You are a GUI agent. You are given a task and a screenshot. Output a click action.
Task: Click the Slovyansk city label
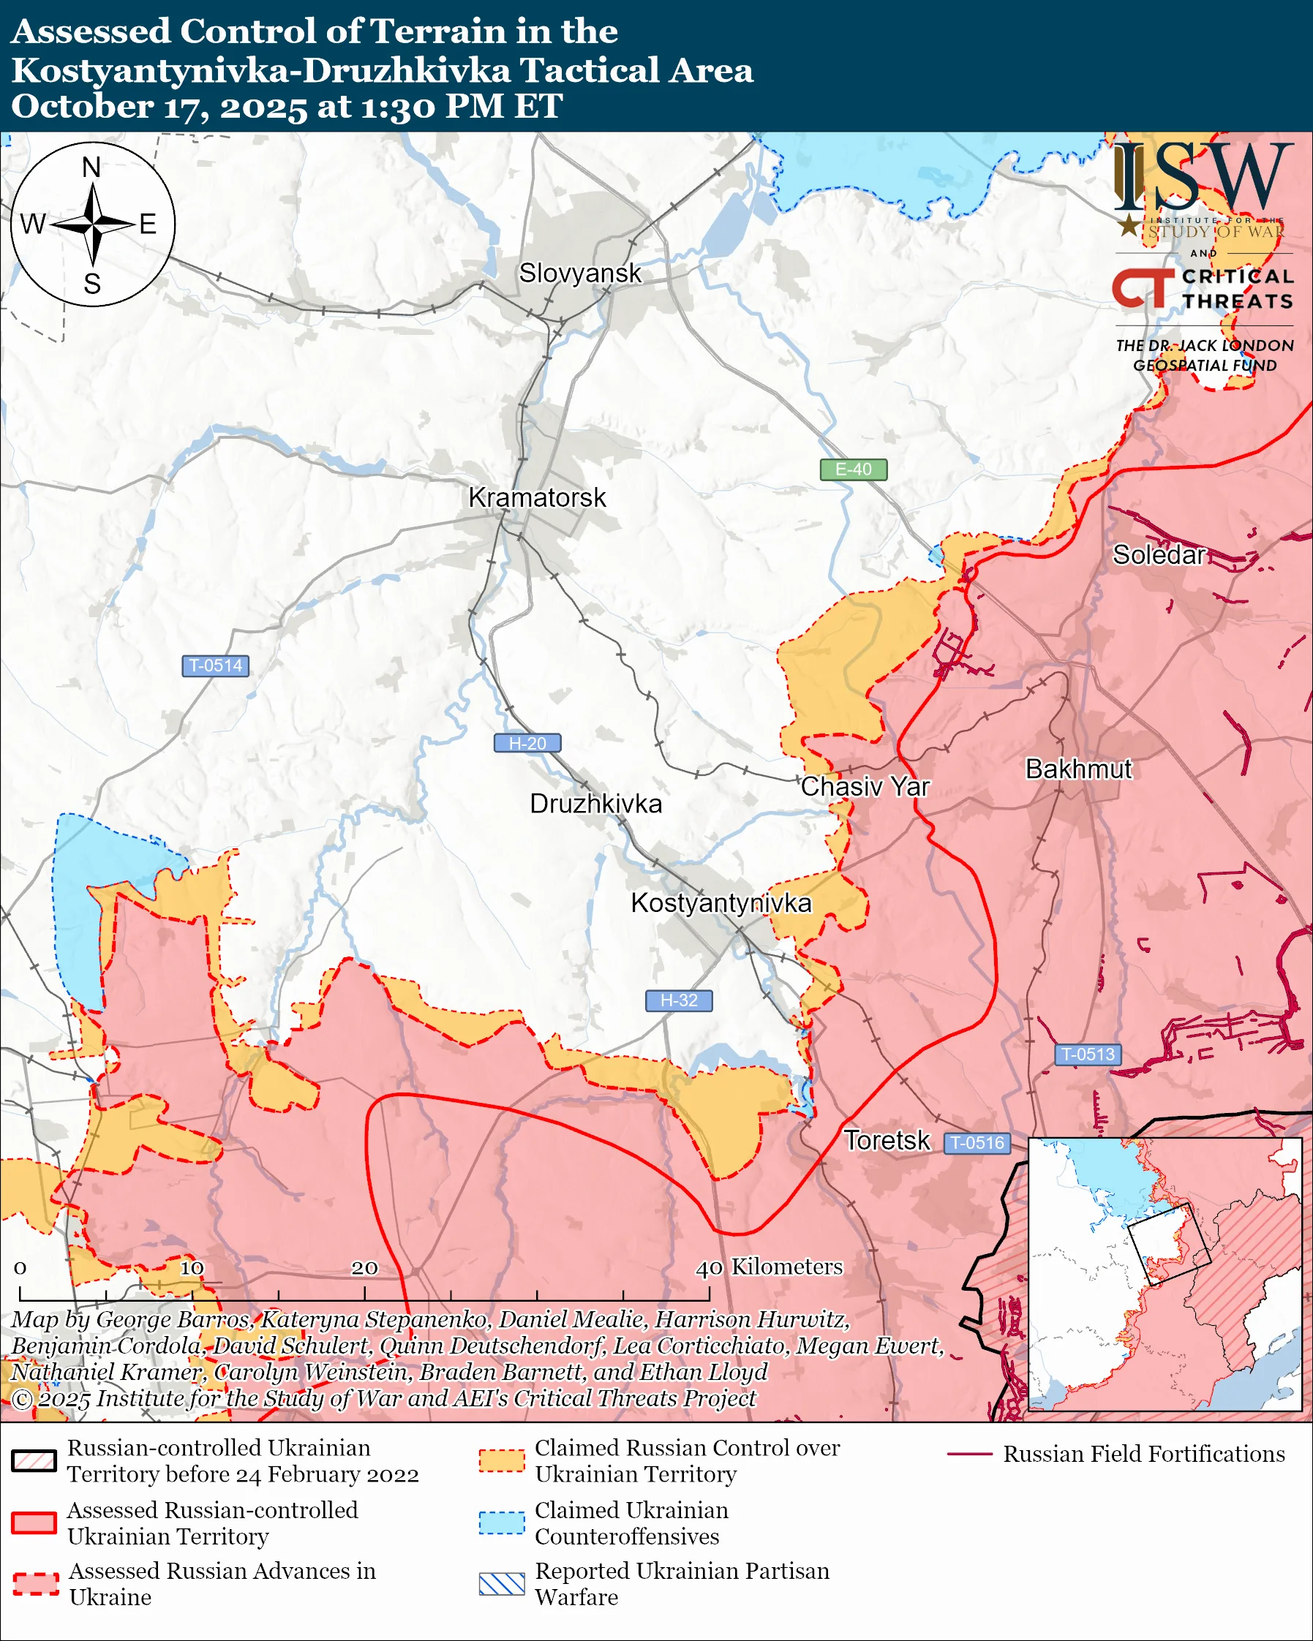pyautogui.click(x=580, y=273)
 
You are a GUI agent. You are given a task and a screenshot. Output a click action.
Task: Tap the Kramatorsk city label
pyautogui.click(x=537, y=498)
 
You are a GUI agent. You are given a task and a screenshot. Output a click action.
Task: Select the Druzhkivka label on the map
pyautogui.click(x=595, y=804)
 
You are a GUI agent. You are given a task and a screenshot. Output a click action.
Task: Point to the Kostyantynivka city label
pyautogui.click(x=721, y=902)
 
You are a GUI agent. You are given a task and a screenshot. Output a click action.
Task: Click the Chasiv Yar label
pyautogui.click(x=865, y=786)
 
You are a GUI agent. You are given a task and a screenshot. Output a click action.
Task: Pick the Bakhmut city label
pyautogui.click(x=1077, y=769)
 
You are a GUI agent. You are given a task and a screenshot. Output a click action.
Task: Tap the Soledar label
pyautogui.click(x=1159, y=555)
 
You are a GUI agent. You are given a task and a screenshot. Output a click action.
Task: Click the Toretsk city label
pyautogui.click(x=887, y=1140)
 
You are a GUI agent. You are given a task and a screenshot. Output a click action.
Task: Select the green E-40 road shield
pyautogui.click(x=853, y=469)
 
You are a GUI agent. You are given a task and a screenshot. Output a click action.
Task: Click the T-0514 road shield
pyautogui.click(x=215, y=665)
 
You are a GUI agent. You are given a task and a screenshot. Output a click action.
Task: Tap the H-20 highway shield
pyautogui.click(x=527, y=743)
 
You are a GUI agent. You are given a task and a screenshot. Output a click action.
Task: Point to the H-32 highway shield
pyautogui.click(x=679, y=1000)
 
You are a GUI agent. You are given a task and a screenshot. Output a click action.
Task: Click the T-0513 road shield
pyautogui.click(x=1088, y=1055)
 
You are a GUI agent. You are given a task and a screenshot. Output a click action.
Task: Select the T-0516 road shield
pyautogui.click(x=977, y=1142)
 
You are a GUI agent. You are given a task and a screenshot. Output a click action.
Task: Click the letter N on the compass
pyautogui.click(x=91, y=167)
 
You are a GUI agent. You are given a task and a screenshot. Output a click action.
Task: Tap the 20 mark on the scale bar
pyautogui.click(x=364, y=1267)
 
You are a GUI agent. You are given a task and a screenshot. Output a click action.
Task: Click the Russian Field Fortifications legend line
pyautogui.click(x=970, y=1455)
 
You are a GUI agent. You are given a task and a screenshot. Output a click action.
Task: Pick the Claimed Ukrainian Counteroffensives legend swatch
pyautogui.click(x=502, y=1523)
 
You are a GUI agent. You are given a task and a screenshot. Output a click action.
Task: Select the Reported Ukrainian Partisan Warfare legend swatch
pyautogui.click(x=502, y=1584)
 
